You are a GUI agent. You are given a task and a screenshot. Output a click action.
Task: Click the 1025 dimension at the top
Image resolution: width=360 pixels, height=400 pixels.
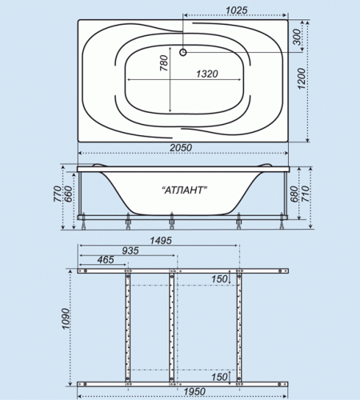coord(237,10)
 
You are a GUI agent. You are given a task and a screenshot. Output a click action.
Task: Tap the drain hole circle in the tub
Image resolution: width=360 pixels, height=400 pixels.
coord(183,52)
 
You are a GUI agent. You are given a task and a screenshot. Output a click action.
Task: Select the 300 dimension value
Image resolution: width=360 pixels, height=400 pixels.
coord(297,37)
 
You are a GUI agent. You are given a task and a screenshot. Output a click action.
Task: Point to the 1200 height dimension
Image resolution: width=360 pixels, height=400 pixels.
coord(301,78)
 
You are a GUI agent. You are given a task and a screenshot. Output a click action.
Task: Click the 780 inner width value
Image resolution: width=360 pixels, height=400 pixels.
coord(164,63)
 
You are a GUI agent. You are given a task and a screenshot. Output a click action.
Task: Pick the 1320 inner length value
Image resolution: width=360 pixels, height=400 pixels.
coord(207,74)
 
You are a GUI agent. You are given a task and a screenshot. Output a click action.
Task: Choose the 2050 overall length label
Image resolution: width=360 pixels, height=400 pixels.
coord(181,147)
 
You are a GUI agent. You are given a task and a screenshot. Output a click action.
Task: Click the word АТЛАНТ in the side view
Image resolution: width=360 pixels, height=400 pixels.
coord(185,190)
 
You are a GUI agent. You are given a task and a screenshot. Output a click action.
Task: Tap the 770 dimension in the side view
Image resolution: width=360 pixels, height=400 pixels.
coord(58,194)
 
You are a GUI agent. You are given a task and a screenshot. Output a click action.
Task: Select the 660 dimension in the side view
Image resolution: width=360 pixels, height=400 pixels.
coord(68,194)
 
